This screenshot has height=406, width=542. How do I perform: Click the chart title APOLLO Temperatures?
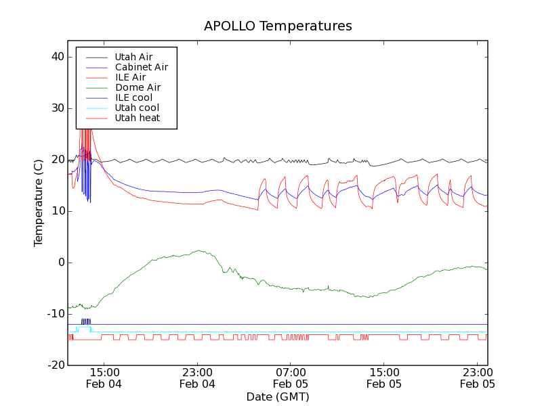point(278,26)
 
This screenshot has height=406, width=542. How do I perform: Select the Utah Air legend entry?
point(133,57)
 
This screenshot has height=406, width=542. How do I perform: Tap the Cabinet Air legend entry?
point(141,67)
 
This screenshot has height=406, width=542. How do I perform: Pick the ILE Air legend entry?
point(130,77)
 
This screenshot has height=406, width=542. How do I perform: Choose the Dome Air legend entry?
point(138,87)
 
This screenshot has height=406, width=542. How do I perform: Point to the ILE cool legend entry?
point(133,97)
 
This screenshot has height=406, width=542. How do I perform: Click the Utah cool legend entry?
point(137,108)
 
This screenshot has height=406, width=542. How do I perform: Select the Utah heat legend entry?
point(138,118)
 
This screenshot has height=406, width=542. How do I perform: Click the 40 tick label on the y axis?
point(57,57)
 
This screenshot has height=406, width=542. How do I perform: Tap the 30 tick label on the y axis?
point(57,108)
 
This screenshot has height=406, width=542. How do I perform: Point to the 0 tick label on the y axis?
point(60,263)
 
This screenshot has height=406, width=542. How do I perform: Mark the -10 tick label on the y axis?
point(55,314)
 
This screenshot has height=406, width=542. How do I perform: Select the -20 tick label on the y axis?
point(55,365)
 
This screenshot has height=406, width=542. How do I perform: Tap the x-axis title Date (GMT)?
point(278,397)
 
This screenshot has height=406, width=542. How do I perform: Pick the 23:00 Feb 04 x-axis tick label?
point(197,378)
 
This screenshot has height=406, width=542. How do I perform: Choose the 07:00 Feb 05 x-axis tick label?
point(291,378)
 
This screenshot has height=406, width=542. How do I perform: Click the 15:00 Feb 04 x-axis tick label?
point(104,378)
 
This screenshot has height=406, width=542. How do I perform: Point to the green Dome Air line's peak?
point(200,250)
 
